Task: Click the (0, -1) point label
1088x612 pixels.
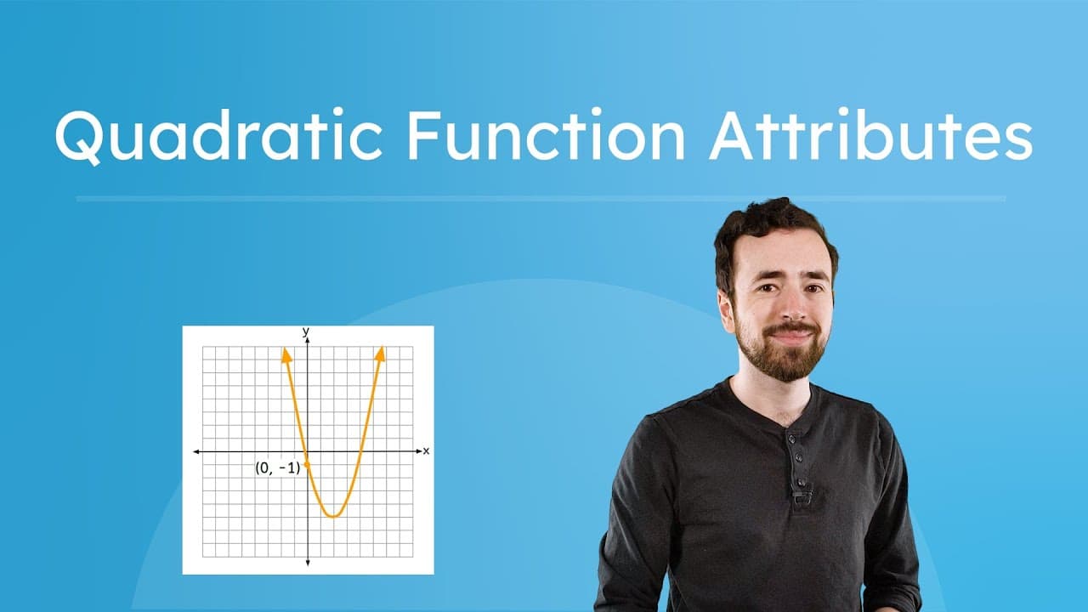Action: pyautogui.click(x=278, y=467)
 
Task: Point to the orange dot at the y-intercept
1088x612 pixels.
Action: pyautogui.click(x=307, y=463)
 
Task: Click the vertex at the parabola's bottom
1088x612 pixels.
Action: pyautogui.click(x=334, y=515)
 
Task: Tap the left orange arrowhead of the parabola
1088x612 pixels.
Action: pyautogui.click(x=286, y=353)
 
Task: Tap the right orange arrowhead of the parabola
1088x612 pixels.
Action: pyautogui.click(x=381, y=352)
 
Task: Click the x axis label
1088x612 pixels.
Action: pyautogui.click(x=426, y=450)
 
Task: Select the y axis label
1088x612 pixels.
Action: pyautogui.click(x=306, y=330)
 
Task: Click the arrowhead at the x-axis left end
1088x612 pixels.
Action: pyautogui.click(x=197, y=451)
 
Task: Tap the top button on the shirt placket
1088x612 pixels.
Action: pyautogui.click(x=791, y=439)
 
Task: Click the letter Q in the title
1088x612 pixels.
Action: pyautogui.click(x=80, y=137)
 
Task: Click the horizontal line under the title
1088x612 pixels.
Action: pyautogui.click(x=541, y=199)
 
